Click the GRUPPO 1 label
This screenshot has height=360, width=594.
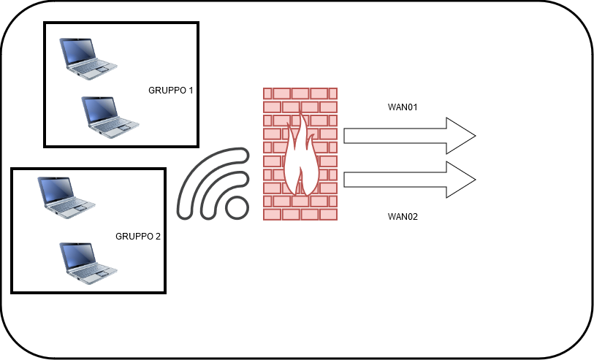pos(170,91)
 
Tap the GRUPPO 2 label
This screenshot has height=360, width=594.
pos(138,236)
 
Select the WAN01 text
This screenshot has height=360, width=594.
pos(403,107)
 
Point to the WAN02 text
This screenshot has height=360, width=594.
pos(403,216)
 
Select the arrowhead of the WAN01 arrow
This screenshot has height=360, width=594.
pos(460,136)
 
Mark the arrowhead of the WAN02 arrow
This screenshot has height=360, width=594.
pos(460,180)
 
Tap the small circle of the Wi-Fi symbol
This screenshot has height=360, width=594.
pos(237,207)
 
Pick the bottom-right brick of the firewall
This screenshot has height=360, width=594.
pos(329,215)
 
